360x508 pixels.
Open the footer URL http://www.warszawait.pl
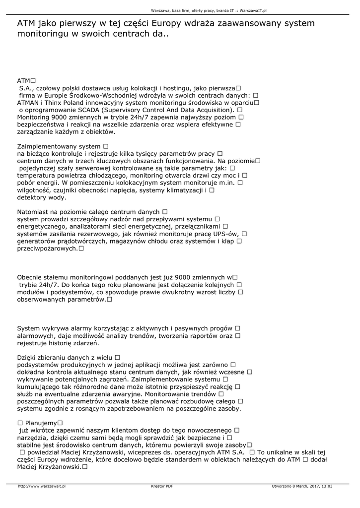click(x=42, y=486)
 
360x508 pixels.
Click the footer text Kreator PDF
click(x=162, y=486)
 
